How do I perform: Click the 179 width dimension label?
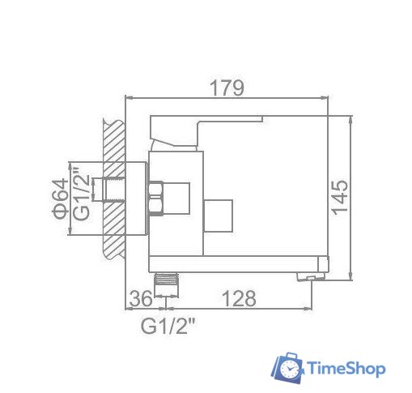227,88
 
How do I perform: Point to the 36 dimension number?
142,298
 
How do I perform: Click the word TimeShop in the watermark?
347,369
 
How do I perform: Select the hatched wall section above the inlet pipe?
114,146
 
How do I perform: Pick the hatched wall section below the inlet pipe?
114,235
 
